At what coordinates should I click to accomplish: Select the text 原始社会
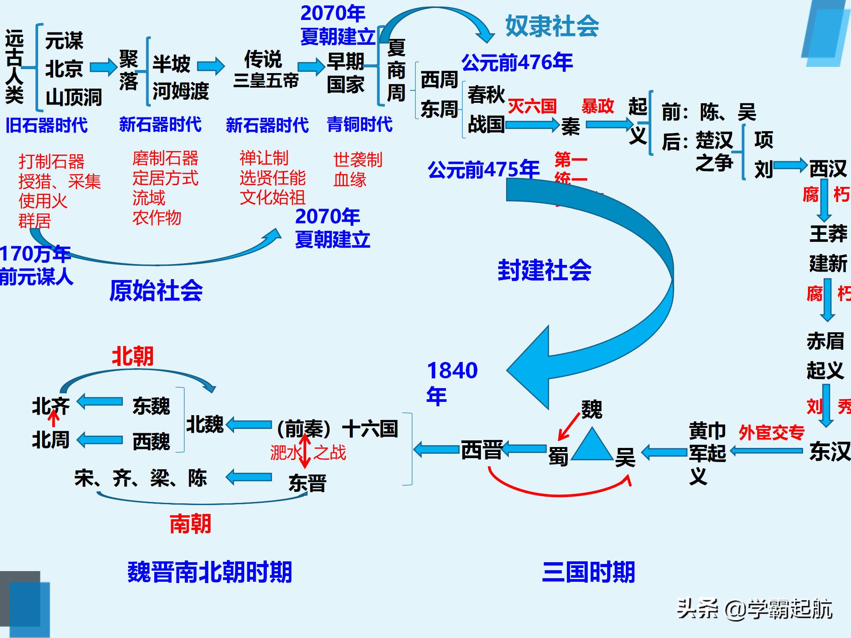click(156, 291)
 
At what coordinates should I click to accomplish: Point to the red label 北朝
click(133, 356)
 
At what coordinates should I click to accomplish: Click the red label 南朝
click(190, 524)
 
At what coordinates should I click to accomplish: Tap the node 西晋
click(481, 450)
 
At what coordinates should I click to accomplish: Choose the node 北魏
click(205, 424)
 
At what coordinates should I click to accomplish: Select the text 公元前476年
click(517, 62)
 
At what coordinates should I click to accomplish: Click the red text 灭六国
click(532, 106)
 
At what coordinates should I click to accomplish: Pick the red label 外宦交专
click(771, 432)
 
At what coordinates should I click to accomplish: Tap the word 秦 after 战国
click(570, 127)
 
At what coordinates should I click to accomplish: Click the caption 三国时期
click(588, 572)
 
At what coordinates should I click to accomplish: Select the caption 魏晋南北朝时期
click(210, 572)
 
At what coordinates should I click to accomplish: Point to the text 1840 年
click(451, 382)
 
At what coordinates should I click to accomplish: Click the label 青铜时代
click(359, 124)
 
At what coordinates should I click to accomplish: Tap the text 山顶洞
click(74, 97)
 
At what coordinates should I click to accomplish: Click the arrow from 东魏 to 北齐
click(100, 402)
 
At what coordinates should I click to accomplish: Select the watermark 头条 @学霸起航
click(754, 609)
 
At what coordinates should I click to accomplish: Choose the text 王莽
click(828, 233)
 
